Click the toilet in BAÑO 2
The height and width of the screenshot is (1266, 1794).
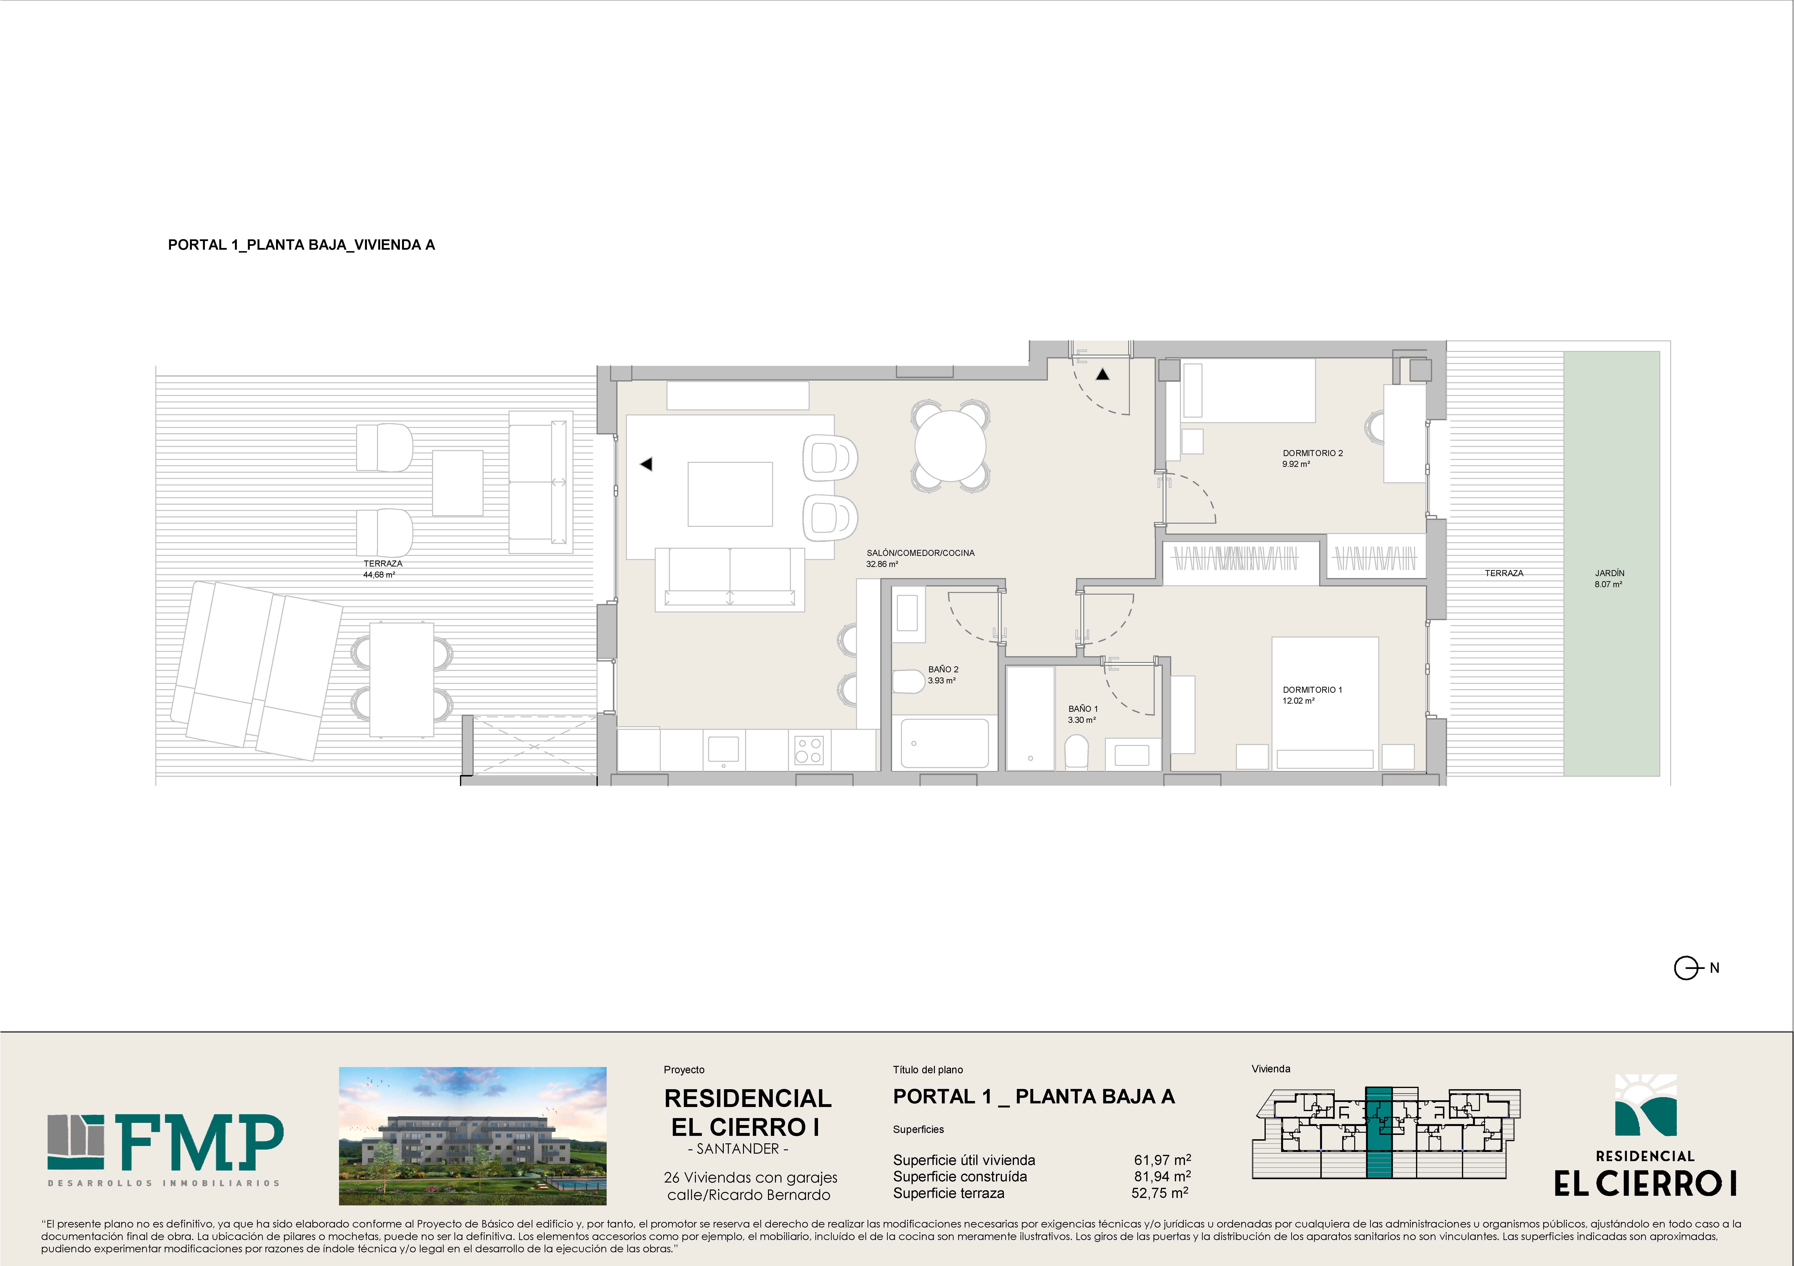click(908, 682)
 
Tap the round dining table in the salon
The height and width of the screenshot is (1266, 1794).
click(950, 446)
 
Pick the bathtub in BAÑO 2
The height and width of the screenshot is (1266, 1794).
click(945, 743)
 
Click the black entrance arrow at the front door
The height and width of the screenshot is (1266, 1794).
click(1102, 374)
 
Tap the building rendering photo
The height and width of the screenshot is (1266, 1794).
click(473, 1135)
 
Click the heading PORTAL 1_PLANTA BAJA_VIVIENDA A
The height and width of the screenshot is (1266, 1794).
click(302, 245)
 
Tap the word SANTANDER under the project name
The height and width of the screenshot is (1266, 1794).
click(738, 1149)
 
